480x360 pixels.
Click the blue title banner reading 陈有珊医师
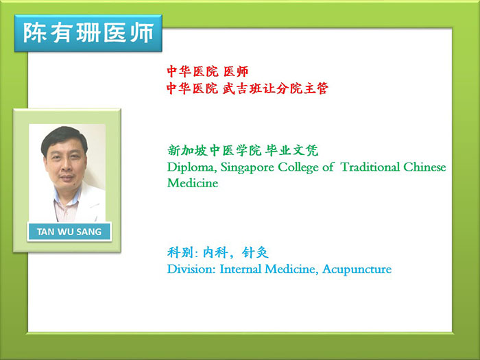(88, 33)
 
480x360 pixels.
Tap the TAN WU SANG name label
(69, 232)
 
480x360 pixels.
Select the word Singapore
(247, 168)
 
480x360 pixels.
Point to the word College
(298, 167)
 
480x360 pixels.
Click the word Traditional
(370, 167)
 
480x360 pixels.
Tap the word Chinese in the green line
(424, 167)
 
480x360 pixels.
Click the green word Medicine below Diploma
(193, 183)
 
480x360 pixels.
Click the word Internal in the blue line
(240, 269)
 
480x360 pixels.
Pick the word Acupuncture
(357, 269)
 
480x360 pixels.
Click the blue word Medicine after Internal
(291, 269)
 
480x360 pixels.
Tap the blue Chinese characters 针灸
(255, 252)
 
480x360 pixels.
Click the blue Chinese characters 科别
(180, 252)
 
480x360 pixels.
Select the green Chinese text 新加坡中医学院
(214, 150)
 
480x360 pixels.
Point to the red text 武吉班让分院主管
(275, 88)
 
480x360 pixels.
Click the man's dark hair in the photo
(64, 136)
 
